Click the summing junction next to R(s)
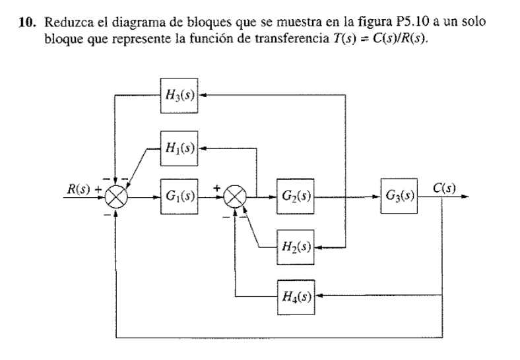pyautogui.click(x=117, y=196)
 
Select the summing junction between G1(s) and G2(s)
pyautogui.click(x=235, y=196)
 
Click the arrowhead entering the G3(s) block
pyautogui.click(x=377, y=196)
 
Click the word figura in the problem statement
pyautogui.click(x=341, y=22)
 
